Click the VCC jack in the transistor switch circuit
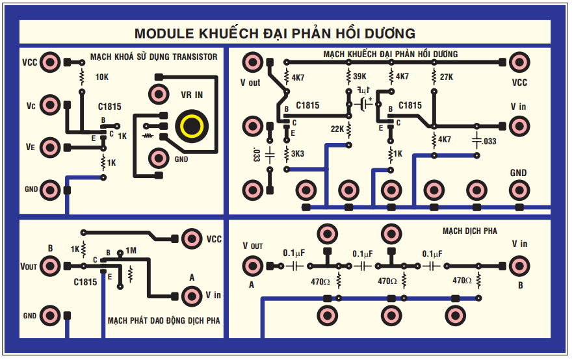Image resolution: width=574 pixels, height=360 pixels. point(49,63)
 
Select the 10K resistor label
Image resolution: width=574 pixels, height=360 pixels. point(102,77)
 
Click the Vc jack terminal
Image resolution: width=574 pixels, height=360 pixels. point(49,105)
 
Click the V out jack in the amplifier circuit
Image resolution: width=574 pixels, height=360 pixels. point(252,62)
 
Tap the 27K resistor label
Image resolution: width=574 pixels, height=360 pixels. point(446,77)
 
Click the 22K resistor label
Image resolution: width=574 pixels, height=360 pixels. point(337,129)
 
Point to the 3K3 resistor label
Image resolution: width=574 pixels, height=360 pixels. point(298,154)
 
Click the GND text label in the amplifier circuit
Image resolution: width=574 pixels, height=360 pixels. point(518,173)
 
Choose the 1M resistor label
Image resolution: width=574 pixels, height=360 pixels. point(131,250)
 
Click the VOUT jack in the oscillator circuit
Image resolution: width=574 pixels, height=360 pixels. point(49,266)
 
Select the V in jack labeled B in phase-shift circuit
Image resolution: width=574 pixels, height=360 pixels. point(519,265)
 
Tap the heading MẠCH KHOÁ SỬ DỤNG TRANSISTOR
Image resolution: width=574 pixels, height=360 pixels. point(154,57)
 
